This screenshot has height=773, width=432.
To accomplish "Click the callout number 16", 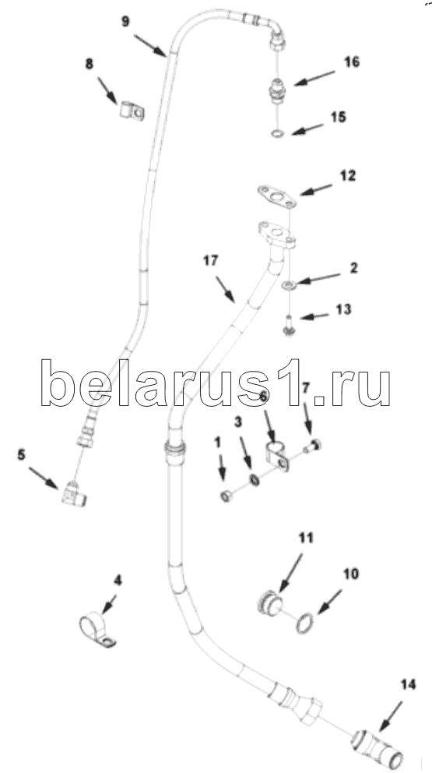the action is (352, 62).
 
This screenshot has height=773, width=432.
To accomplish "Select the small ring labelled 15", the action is (278, 133).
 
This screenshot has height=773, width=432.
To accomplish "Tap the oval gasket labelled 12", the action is (276, 196).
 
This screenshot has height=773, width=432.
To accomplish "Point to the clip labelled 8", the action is (132, 111).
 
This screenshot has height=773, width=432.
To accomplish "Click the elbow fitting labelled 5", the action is (74, 494).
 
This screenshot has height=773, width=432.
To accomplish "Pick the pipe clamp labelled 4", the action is (97, 630).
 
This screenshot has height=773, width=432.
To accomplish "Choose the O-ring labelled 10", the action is (304, 623).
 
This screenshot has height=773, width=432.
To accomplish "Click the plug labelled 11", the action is (270, 604).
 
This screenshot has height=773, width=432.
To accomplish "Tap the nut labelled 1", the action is (226, 496).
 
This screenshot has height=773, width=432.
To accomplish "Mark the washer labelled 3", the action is (254, 479).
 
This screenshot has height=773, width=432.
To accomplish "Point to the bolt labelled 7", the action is (313, 445).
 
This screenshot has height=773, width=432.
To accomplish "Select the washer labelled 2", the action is (289, 285).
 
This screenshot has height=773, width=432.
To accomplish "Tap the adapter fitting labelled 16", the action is (279, 90).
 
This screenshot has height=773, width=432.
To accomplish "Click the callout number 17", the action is (210, 261).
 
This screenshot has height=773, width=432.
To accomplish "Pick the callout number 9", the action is (126, 23).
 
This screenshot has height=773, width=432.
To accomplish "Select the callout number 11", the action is (306, 538).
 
